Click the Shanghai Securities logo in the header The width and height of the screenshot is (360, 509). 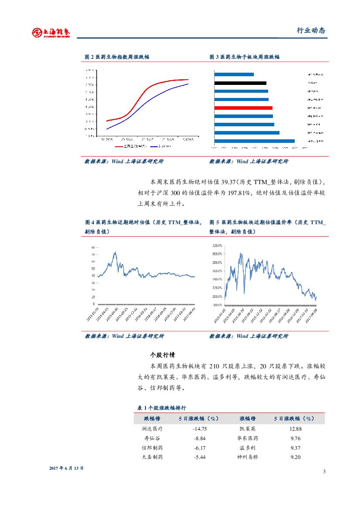(x=51, y=32)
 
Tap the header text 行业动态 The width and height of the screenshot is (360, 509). (x=311, y=30)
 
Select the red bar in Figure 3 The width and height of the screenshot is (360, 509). (x=243, y=108)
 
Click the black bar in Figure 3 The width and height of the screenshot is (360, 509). (x=240, y=83)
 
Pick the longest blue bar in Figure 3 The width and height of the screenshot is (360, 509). (x=254, y=141)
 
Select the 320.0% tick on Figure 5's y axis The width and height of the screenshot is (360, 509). (x=218, y=245)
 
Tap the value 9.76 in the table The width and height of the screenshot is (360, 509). (x=296, y=438)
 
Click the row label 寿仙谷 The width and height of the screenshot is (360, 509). (x=152, y=438)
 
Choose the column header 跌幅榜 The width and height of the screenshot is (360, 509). (x=152, y=418)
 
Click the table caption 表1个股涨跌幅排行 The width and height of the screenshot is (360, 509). (x=161, y=408)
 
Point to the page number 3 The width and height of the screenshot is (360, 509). (x=324, y=472)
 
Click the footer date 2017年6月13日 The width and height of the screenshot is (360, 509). (x=66, y=468)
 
